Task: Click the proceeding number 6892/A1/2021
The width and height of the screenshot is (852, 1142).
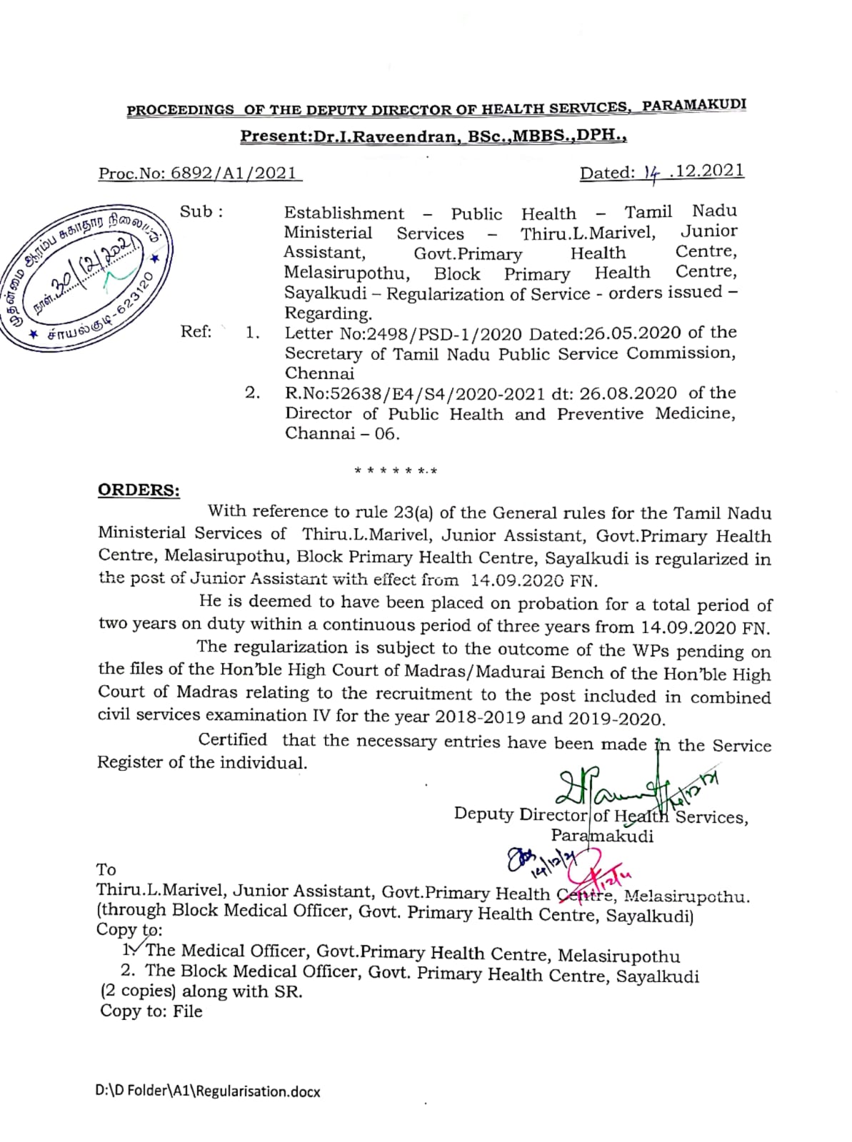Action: pos(233,173)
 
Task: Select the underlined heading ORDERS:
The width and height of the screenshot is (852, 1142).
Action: pos(139,490)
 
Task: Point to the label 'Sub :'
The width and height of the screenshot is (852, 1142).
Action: pos(201,212)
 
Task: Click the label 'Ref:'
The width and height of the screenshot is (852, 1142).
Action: pos(196,332)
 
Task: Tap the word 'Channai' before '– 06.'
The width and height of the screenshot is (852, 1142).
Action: pos(319,433)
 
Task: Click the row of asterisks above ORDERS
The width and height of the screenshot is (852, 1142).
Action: pos(396,471)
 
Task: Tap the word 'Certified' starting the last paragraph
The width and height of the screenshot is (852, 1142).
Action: pos(233,740)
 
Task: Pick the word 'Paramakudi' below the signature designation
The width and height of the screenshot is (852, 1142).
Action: pos(601,836)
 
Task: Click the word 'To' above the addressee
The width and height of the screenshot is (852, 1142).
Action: pos(106,869)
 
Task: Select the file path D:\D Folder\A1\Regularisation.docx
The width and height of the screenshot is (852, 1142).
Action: pos(208,1091)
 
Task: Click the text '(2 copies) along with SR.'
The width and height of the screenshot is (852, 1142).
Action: pos(201,991)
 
